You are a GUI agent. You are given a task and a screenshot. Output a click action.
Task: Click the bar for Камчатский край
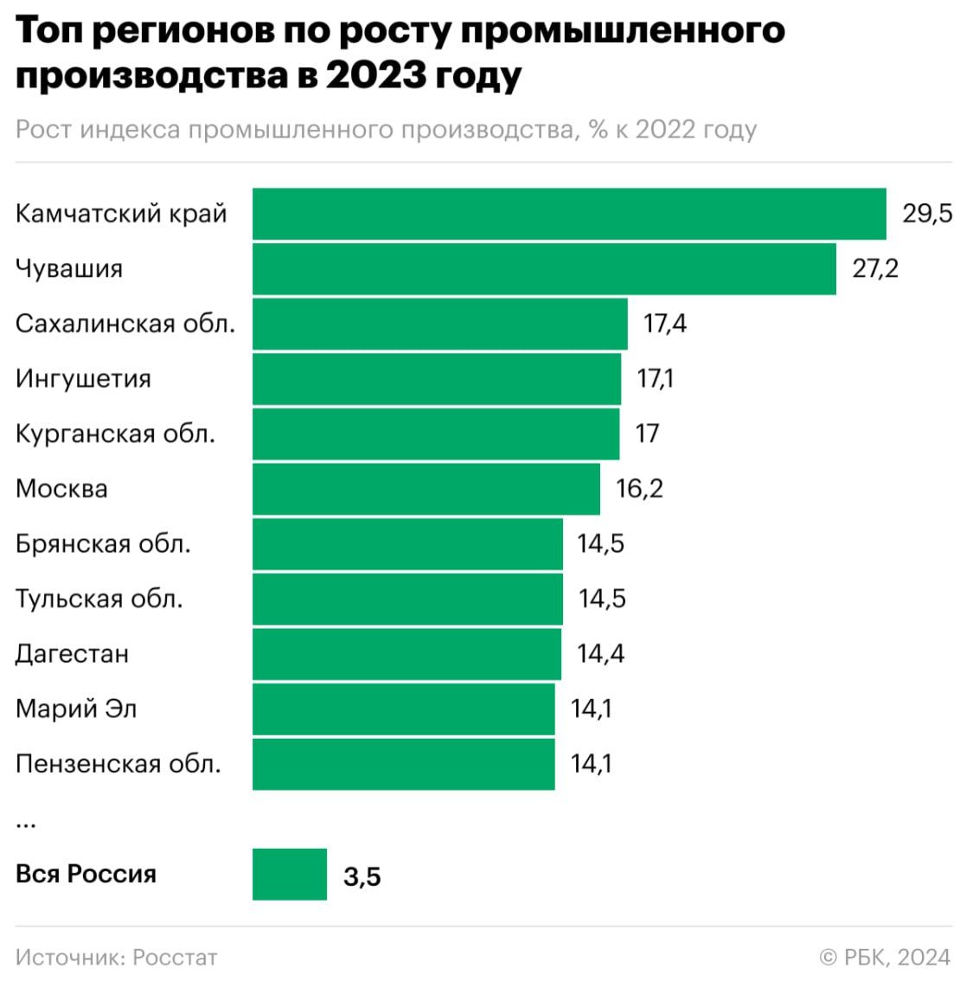[569, 214]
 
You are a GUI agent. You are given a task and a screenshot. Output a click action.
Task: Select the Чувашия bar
[544, 269]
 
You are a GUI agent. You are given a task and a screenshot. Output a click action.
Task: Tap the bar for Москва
[425, 489]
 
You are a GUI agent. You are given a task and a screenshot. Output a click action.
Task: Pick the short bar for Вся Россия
[290, 875]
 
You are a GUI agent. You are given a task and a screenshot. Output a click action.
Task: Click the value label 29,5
[927, 214]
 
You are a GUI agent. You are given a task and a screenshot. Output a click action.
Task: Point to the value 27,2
[875, 269]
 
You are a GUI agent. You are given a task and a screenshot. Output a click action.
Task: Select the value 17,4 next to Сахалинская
[665, 324]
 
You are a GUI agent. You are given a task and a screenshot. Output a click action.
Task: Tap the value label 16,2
[639, 489]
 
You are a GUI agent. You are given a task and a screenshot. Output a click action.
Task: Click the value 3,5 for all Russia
[362, 876]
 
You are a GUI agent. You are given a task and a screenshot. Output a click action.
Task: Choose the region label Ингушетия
[83, 379]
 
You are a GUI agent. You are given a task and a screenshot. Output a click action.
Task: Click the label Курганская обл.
[115, 433]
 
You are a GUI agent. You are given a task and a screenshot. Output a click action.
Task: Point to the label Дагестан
[72, 653]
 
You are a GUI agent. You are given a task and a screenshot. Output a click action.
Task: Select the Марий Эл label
[76, 708]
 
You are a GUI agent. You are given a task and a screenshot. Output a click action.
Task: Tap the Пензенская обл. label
[118, 764]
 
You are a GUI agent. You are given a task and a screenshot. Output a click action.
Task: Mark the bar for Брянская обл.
[407, 544]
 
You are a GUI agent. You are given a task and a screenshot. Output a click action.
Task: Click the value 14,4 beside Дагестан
[600, 653]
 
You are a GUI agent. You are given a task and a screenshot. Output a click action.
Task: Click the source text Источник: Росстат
[117, 958]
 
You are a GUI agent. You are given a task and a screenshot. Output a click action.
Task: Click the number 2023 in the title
[375, 75]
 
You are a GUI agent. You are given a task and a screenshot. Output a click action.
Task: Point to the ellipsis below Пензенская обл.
[25, 822]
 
